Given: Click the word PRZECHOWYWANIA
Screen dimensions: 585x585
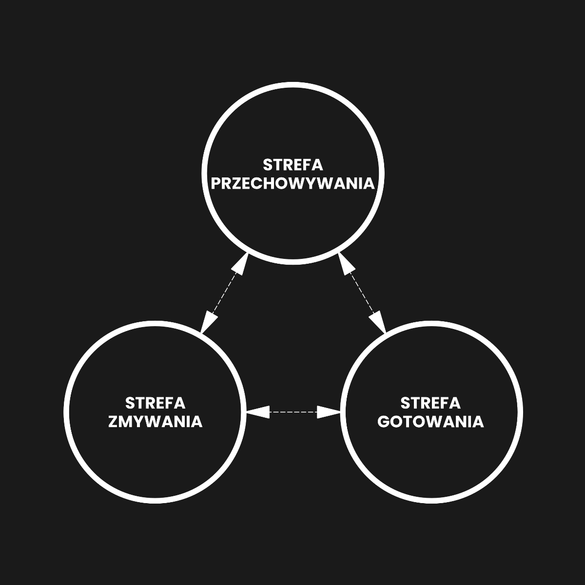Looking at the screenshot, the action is point(292,184).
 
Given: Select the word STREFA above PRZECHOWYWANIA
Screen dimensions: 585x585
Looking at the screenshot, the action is point(292,165).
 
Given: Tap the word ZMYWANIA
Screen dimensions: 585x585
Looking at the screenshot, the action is point(155,422).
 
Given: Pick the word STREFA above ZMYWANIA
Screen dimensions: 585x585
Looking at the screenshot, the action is point(155,404).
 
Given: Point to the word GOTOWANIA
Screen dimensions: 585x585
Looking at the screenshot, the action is point(430,422).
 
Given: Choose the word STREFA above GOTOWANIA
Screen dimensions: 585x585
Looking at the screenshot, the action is point(430,404).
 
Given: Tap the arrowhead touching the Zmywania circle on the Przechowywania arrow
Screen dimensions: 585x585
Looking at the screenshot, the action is point(209,322).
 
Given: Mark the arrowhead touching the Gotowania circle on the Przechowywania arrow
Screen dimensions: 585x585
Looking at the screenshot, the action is point(377,322).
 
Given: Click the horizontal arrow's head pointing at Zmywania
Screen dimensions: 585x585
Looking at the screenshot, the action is point(257,412).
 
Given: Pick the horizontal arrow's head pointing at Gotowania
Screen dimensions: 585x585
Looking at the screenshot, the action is point(329,412).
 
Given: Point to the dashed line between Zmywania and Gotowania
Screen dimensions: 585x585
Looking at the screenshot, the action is point(293,412).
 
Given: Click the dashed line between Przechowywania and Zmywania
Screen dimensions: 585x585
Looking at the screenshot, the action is point(225,293).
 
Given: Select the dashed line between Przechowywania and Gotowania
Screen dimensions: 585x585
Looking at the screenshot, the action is point(362,293).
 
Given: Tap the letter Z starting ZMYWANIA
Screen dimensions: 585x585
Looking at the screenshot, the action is point(113,422).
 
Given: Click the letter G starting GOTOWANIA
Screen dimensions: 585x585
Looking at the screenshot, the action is point(384,422).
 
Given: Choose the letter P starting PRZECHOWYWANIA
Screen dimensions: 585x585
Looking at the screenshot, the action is point(216,184).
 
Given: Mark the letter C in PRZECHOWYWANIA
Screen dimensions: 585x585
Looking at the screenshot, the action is point(258,184).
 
